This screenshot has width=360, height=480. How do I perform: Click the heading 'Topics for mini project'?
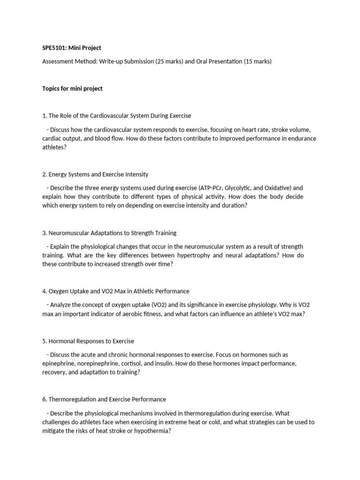(x=72, y=89)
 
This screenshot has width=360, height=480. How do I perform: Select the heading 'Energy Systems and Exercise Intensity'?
(x=98, y=174)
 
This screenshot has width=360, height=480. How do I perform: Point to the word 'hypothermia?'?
(x=152, y=431)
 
